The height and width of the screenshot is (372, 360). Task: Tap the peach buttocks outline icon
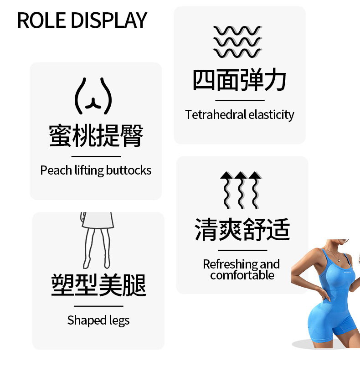(93, 96)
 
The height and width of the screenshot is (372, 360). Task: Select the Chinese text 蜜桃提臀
(96, 135)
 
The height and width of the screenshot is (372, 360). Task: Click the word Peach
(53, 170)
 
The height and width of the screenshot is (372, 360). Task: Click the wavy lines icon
(237, 42)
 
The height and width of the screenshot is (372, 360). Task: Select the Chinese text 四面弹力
(239, 80)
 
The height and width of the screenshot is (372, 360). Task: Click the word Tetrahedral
(216, 115)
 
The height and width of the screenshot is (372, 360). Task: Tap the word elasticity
(272, 115)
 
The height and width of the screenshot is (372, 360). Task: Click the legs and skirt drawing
(96, 239)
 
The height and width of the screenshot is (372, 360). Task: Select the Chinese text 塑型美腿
(98, 285)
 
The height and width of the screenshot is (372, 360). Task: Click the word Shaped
(82, 320)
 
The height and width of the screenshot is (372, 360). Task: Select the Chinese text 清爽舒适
(242, 229)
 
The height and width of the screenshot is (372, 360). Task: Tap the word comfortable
(242, 275)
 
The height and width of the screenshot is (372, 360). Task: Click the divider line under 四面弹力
(240, 100)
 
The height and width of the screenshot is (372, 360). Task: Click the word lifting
(87, 170)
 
